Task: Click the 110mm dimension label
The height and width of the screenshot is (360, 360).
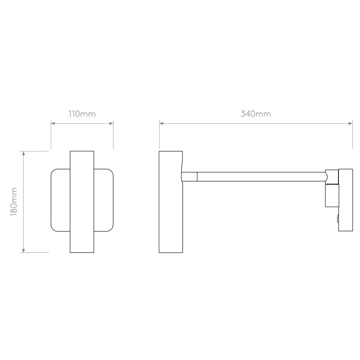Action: (82, 114)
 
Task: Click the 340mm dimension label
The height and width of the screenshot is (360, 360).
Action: (256, 114)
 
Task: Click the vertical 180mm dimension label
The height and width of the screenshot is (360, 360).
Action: (14, 202)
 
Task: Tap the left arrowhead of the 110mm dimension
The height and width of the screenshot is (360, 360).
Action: (53, 123)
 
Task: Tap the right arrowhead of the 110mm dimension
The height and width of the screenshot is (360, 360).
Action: (111, 123)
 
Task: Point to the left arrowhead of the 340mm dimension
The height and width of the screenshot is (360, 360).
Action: (161, 123)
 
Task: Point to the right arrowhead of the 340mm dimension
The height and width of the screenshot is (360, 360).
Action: (351, 123)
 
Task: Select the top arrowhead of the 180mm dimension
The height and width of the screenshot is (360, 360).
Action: (23, 153)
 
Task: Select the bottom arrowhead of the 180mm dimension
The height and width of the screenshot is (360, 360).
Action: (23, 251)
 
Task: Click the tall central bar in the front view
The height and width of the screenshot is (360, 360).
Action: (82, 202)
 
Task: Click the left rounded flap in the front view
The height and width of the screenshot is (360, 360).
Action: (60, 200)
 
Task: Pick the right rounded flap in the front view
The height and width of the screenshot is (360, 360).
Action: (103, 200)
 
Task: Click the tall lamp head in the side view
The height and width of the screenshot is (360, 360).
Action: (171, 202)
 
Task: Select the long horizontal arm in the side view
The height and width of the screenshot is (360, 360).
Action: (262, 177)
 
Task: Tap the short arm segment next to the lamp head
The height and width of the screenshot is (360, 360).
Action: (189, 177)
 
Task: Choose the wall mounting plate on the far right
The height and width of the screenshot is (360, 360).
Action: (345, 200)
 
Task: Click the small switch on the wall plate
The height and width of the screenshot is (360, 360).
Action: (338, 219)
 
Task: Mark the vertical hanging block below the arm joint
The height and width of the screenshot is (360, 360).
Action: (332, 196)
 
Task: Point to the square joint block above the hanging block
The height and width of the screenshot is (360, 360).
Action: (332, 177)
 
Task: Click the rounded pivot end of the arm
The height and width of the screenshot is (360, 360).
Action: (326, 177)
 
